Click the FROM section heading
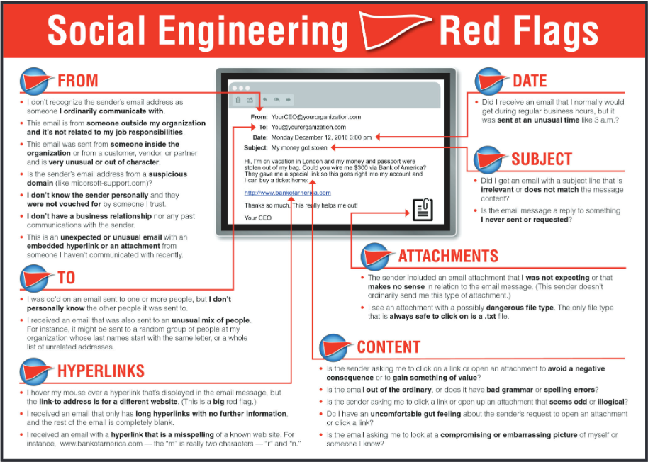click(78, 80)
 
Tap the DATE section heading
click(530, 81)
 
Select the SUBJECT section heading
click(542, 158)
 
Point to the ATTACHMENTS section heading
click(448, 256)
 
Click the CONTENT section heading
click(389, 346)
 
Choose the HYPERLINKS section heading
click(101, 371)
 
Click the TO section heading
click(66, 277)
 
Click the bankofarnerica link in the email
click(287, 193)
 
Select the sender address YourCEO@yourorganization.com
click(316, 117)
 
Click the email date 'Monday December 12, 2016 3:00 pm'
click(321, 137)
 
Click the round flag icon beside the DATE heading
click(488, 81)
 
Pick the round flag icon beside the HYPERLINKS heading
click(34, 371)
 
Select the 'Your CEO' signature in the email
click(258, 218)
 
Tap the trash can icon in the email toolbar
click(239, 99)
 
